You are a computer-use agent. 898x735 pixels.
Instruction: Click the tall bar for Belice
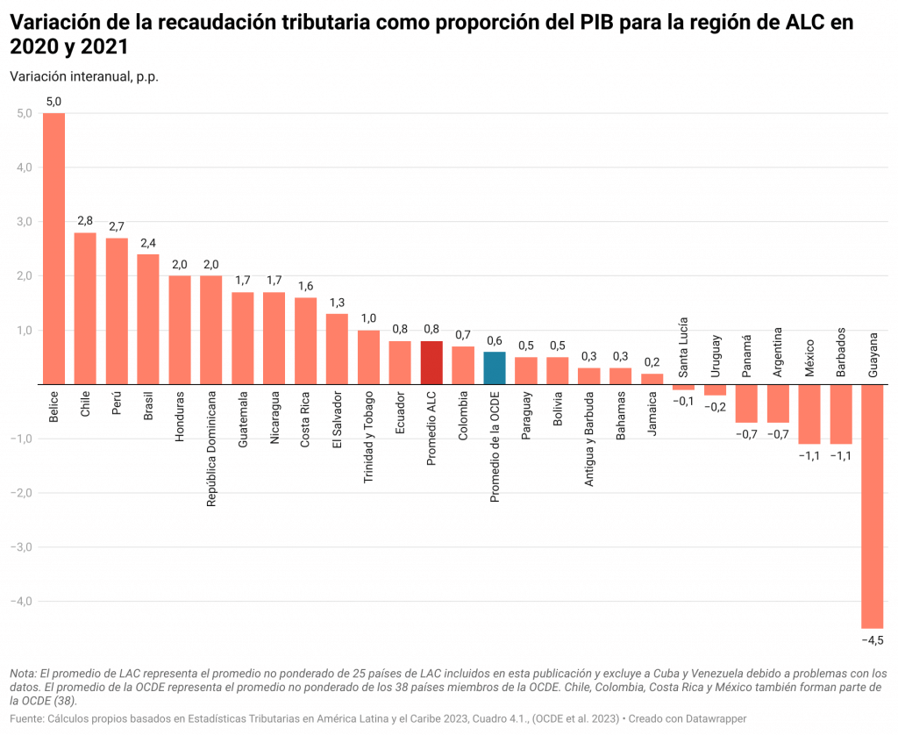(53, 248)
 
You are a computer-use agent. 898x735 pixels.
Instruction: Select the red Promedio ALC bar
(431, 362)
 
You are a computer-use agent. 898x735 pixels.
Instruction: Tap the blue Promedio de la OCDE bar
(494, 367)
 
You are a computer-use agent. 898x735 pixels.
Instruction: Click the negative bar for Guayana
(872, 506)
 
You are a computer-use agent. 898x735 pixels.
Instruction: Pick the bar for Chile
(85, 308)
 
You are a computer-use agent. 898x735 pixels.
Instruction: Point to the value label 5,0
(53, 102)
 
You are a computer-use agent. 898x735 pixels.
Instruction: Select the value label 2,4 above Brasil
(148, 242)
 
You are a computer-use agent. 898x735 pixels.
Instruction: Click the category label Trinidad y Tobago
(368, 438)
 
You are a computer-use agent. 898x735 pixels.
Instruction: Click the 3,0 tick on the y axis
(23, 222)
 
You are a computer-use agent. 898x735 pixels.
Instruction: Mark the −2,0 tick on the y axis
(20, 493)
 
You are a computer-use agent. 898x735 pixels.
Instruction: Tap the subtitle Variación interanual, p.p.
(84, 76)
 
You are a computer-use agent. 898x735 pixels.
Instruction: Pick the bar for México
(809, 414)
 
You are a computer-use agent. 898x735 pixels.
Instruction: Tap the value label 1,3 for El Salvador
(337, 303)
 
